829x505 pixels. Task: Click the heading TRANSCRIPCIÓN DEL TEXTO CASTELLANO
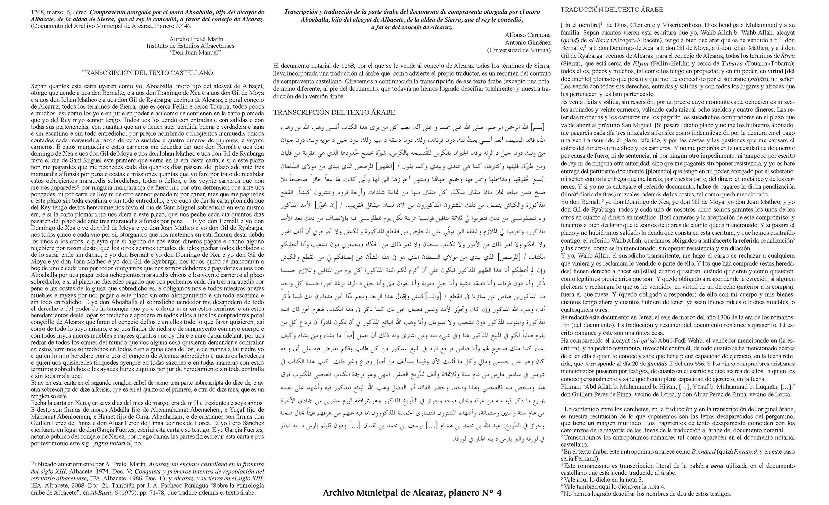(147, 73)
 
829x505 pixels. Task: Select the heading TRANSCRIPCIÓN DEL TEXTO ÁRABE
(334, 112)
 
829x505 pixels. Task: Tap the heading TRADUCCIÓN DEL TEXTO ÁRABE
(612, 10)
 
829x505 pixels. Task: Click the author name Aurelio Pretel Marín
(191, 39)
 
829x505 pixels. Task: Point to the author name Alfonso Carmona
(528, 35)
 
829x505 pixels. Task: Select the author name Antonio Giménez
(528, 43)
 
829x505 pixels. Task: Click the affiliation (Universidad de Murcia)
(519, 50)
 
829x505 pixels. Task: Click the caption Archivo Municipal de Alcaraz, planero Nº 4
(412, 493)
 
